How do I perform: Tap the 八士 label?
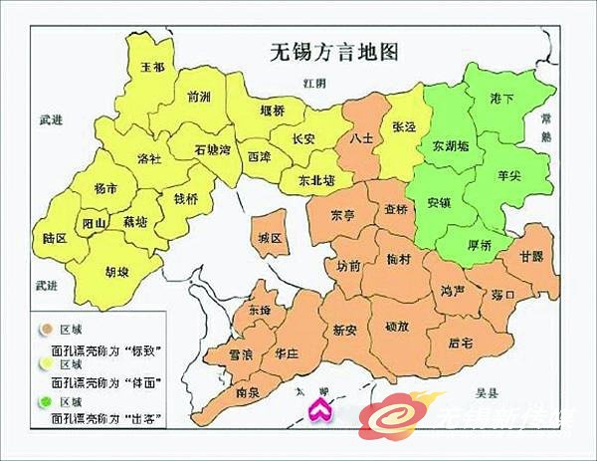click(362, 139)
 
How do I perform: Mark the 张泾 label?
click(404, 128)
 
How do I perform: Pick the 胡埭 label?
click(116, 269)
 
